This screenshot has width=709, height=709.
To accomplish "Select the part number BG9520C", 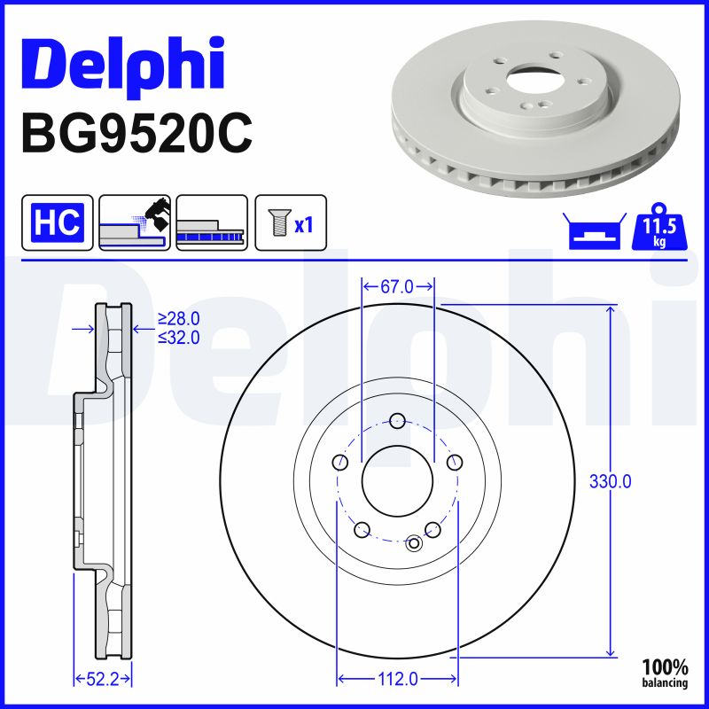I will tap(136, 133).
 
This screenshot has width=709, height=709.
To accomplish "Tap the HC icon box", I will tap(57, 222).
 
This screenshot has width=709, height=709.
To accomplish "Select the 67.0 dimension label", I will tap(397, 286).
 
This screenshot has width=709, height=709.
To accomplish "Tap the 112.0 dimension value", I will tap(397, 679).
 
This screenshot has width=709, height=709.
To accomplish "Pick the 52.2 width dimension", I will tap(101, 679).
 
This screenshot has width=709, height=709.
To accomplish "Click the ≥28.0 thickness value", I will tap(178, 318).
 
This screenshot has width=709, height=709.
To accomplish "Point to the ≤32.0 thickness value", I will tap(178, 337).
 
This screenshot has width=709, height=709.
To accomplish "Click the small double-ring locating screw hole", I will tap(414, 542).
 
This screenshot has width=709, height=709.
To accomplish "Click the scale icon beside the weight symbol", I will tap(591, 232).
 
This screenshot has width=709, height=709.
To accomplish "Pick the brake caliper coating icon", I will tap(134, 222).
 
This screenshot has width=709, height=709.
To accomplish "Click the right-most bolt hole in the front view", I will tap(455, 462).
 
